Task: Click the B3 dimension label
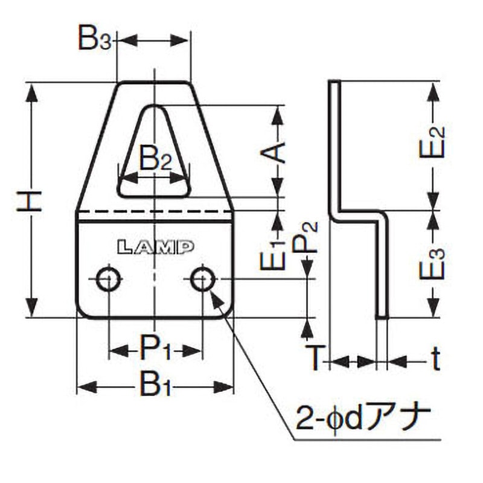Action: pos(94,39)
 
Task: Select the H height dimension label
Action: pos(29,201)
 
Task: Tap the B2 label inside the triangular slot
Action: pos(156,159)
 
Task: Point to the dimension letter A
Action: pos(273,152)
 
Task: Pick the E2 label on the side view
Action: pos(432,142)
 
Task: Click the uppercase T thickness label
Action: pos(315,358)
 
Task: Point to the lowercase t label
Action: pos(435,358)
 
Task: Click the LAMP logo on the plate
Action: pos(156,247)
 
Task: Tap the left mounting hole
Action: pos(108,280)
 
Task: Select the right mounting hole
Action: pos(203,280)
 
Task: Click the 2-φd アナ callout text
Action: pos(363,419)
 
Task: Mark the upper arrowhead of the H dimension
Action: pos(32,92)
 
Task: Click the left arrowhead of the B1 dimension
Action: pos(86,387)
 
